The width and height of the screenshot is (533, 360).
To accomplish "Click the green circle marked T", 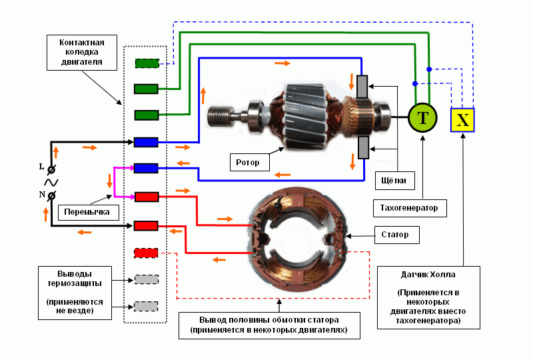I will coord(423,118).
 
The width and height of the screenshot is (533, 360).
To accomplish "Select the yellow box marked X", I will coord(463,120).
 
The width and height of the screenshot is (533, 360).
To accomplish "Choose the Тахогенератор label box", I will coord(409,208).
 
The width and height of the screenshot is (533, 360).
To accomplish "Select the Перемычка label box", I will coord(87,213).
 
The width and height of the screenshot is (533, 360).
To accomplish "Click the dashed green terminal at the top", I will coord(146,63).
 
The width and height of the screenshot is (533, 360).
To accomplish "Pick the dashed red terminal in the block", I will coord(146,253).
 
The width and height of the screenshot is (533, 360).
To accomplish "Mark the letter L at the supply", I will coord(41,167).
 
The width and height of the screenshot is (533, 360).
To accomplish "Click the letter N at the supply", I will coord(41,195).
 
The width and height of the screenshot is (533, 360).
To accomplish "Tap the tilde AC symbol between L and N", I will coord(50,181).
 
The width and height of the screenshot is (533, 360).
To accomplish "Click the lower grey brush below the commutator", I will coord(362,149).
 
